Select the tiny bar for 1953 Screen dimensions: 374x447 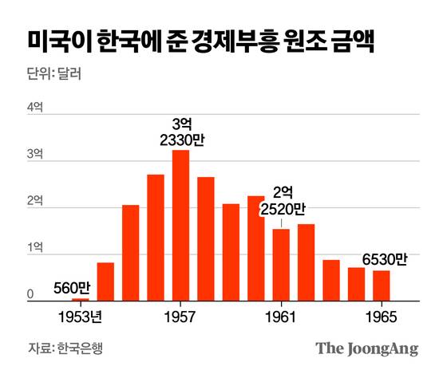[80, 300]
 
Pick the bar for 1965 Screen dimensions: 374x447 [382, 285]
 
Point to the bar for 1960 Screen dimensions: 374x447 [255, 248]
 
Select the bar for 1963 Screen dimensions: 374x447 [331, 281]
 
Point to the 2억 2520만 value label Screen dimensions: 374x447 [283, 201]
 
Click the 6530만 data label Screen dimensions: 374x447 [384, 259]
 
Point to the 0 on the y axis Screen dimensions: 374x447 [30, 294]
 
